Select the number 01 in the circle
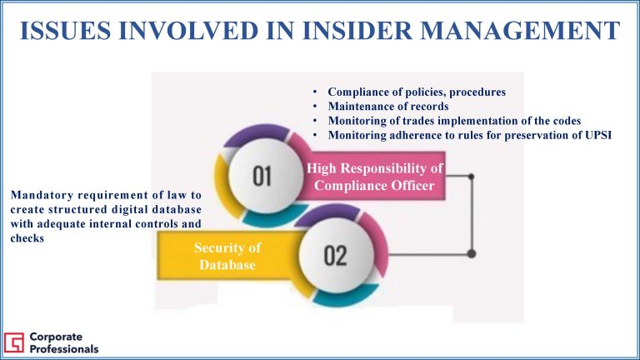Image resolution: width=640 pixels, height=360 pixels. click(x=262, y=177)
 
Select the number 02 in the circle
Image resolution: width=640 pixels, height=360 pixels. click(x=335, y=256)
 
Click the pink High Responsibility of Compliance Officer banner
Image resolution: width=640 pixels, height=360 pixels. click(x=374, y=176)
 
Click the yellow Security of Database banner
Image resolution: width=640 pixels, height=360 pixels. click(x=228, y=256)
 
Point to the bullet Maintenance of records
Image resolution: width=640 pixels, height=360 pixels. click(x=388, y=107)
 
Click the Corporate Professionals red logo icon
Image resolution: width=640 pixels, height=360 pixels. click(x=14, y=342)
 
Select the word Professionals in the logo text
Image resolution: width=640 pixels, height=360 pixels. click(x=64, y=349)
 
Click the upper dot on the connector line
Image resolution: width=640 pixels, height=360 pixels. click(x=471, y=177)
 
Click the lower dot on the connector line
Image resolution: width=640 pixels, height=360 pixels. click(x=472, y=253)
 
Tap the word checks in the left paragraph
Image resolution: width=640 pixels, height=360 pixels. click(x=27, y=238)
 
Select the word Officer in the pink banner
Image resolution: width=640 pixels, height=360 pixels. click(x=415, y=186)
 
